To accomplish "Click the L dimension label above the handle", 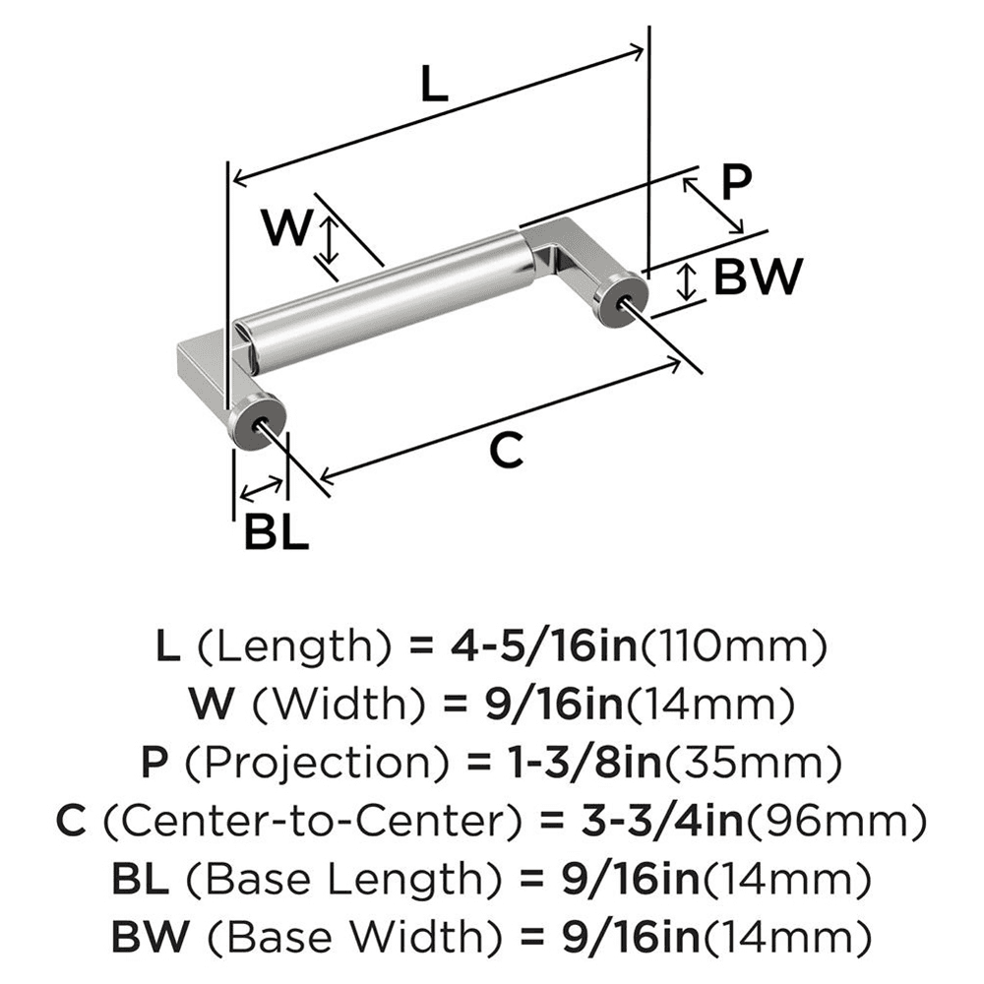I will pyautogui.click(x=433, y=87).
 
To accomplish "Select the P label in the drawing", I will pyautogui.click(x=734, y=182).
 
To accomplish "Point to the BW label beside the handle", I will pyautogui.click(x=758, y=277).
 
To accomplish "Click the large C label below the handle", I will pyautogui.click(x=505, y=452).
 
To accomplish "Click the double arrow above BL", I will pyautogui.click(x=260, y=488).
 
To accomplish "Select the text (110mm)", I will pyautogui.click(x=732, y=646).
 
